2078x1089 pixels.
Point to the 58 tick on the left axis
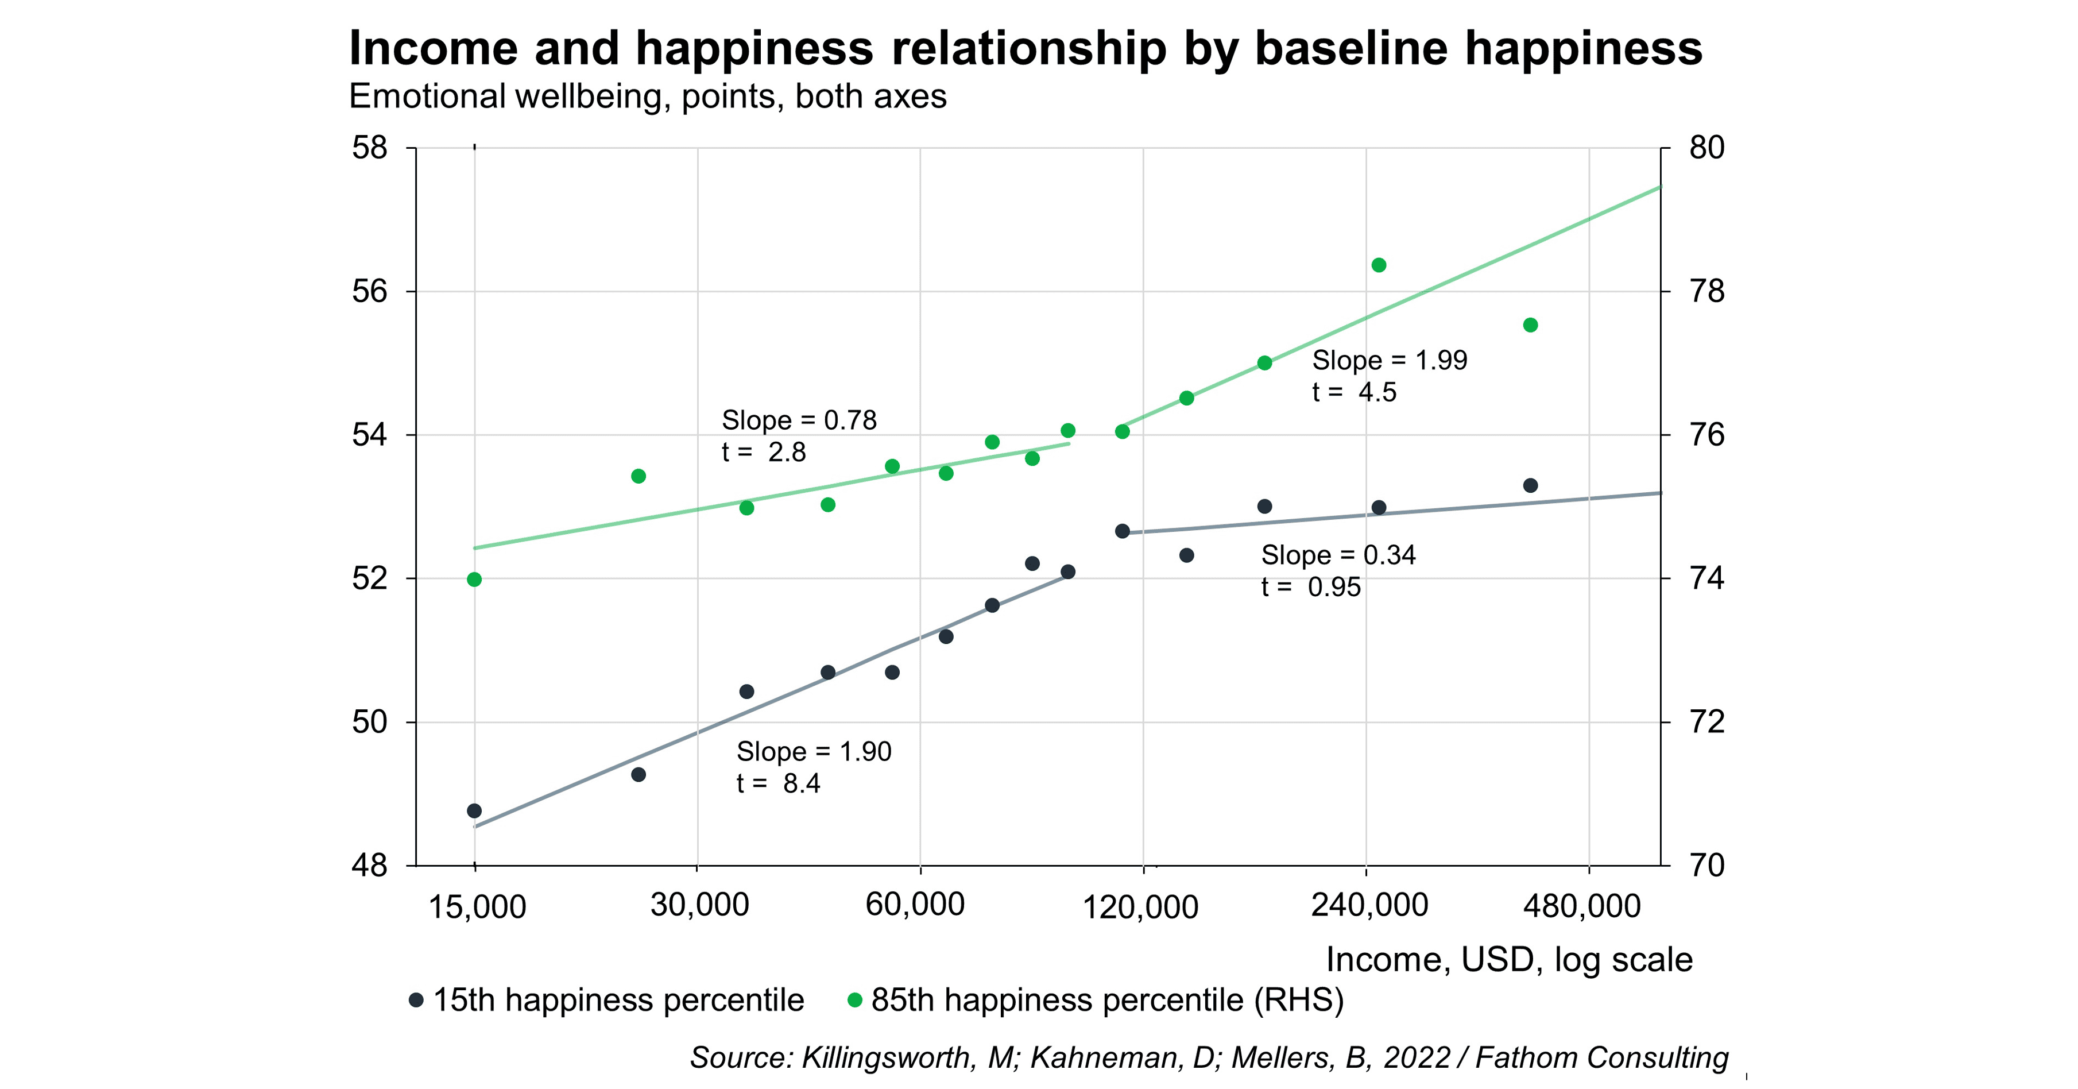point(369,148)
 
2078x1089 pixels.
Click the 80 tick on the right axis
point(1706,148)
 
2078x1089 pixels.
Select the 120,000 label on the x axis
point(1139,907)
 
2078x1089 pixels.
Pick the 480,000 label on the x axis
point(1581,906)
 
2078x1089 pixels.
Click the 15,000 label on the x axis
point(477,907)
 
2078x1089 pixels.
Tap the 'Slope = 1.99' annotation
point(1389,361)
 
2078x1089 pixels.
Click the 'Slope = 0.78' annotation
point(799,420)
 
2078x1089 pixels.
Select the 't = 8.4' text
point(777,783)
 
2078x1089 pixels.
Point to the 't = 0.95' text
point(1310,587)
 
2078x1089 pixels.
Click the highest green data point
point(1379,265)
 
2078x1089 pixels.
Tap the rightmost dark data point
point(1530,485)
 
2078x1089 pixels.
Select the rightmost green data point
point(1530,325)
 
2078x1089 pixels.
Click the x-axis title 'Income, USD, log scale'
point(1508,960)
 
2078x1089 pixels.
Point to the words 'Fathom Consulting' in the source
point(1601,1057)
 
